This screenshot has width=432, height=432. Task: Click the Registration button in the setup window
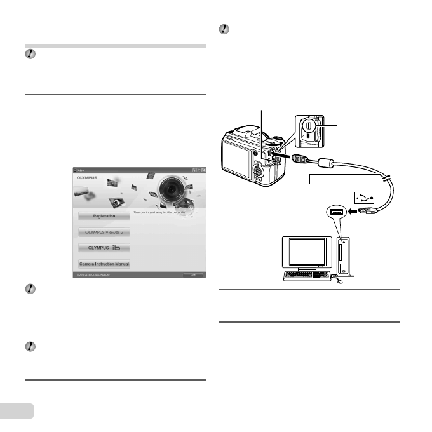tap(104, 216)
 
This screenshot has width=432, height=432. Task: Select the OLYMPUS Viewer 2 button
tap(104, 232)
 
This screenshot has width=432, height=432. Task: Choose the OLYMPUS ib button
tap(104, 248)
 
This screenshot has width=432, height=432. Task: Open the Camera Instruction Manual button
tap(104, 263)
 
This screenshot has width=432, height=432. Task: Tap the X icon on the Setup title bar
tap(203, 170)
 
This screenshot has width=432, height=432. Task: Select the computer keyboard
tap(312, 275)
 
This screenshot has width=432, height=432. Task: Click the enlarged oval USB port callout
tap(309, 130)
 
